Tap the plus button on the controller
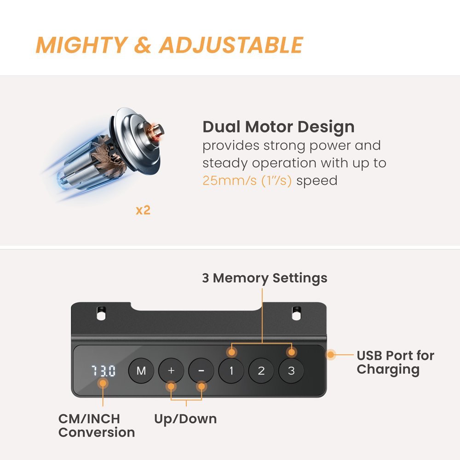click(171, 370)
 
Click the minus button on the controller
click(201, 370)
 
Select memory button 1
click(231, 370)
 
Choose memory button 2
click(261, 370)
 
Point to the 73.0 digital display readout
click(103, 371)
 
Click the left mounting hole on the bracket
click(101, 313)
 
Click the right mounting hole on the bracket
click(297, 313)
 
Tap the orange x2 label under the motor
click(143, 210)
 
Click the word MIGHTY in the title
click(82, 45)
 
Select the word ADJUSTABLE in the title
click(231, 45)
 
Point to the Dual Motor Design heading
click(278, 127)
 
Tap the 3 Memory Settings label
click(264, 278)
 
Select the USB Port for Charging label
click(395, 362)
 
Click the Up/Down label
click(185, 419)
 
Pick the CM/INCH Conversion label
click(97, 425)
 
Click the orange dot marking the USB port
click(331, 355)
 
